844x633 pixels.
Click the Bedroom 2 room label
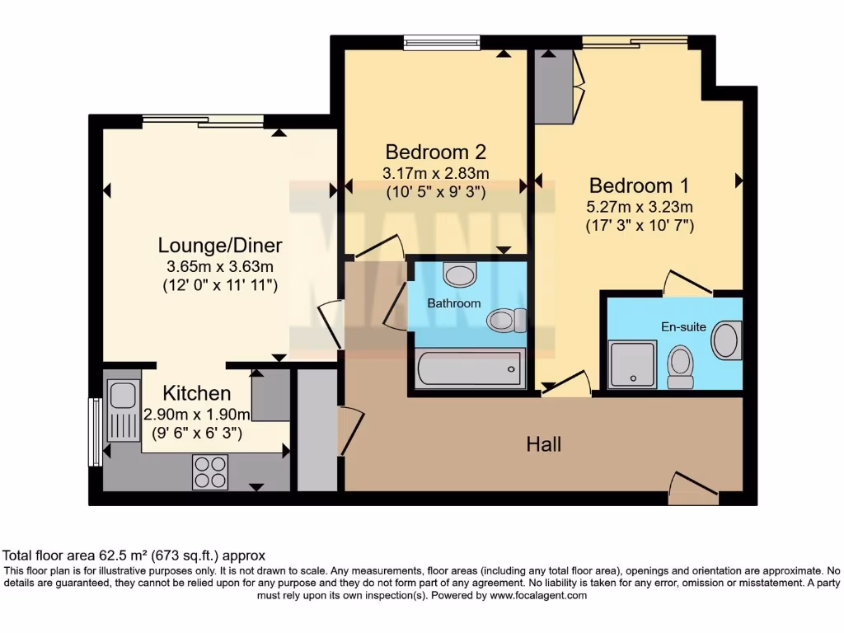pos(435,152)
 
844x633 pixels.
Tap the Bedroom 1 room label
pos(639,185)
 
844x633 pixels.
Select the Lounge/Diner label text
pos(220,246)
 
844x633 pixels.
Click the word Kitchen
pos(196,393)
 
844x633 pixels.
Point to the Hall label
pos(544,445)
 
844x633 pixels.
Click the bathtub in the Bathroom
pos(471,368)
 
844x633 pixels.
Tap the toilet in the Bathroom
pos(506,320)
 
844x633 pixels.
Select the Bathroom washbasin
pos(459,273)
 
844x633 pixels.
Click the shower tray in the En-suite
pos(633,365)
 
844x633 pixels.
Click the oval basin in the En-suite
pos(726,340)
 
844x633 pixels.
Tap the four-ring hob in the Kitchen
pos(209,471)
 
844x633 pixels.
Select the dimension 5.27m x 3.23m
pos(640,207)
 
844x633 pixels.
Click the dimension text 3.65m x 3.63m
pos(220,267)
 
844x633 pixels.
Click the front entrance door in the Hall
pos(692,490)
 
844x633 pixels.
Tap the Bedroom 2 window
pos(442,43)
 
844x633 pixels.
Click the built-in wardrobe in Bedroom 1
pos(555,87)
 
